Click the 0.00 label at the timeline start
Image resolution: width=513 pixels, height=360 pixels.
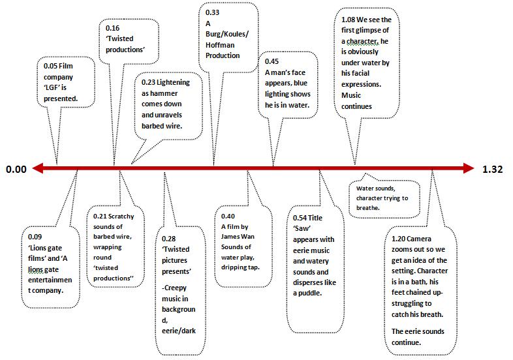pyautogui.click(x=16, y=170)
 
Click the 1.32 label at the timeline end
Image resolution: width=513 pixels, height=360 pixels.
pyautogui.click(x=493, y=170)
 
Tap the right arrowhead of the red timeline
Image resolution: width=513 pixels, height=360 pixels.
pyautogui.click(x=469, y=169)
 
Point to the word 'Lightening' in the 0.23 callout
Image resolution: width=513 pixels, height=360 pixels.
pyautogui.click(x=172, y=83)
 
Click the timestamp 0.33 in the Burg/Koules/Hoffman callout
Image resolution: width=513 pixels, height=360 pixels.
pyautogui.click(x=212, y=12)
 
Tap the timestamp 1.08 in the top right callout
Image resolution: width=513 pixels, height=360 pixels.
pyautogui.click(x=349, y=20)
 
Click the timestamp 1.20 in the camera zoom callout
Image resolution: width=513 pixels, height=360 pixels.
pyautogui.click(x=399, y=238)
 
